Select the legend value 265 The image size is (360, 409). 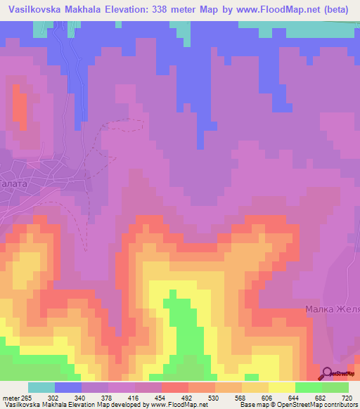click(x=29, y=397)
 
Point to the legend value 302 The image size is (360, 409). click(x=55, y=397)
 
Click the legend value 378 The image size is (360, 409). click(x=109, y=397)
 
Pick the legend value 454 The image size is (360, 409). click(x=162, y=397)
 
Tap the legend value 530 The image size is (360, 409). click(x=215, y=397)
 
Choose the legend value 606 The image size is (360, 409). click(x=269, y=397)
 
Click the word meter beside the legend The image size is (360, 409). click(x=11, y=397)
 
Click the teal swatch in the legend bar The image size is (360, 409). click(x=41, y=387)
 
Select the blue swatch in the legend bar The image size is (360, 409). click(x=68, y=387)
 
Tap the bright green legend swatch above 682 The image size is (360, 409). click(x=308, y=387)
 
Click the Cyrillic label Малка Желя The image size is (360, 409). click(x=332, y=309)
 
